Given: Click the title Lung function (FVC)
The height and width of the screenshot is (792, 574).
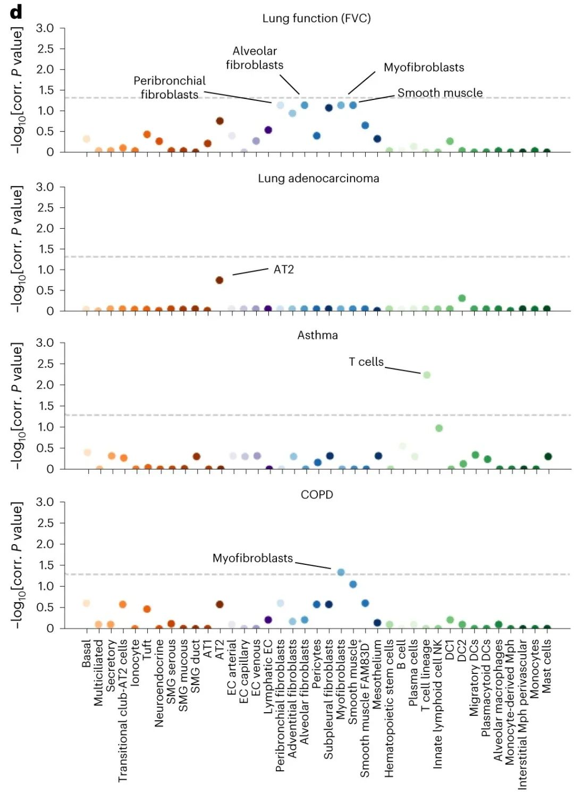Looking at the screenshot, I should pyautogui.click(x=316, y=19).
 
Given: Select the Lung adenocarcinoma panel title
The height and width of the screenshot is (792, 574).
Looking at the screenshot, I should pyautogui.click(x=318, y=178).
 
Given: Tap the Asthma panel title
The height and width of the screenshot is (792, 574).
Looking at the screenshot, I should pyautogui.click(x=317, y=335).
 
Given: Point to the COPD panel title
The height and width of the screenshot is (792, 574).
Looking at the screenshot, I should pyautogui.click(x=317, y=495).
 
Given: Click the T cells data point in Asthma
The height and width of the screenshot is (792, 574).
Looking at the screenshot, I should pyautogui.click(x=426, y=375).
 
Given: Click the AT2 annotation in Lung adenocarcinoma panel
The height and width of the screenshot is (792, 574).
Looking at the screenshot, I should pyautogui.click(x=283, y=270).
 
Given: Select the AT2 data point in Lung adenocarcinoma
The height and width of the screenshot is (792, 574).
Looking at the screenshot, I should pyautogui.click(x=220, y=280).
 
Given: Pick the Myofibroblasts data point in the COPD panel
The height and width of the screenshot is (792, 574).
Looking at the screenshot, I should pyautogui.click(x=341, y=572).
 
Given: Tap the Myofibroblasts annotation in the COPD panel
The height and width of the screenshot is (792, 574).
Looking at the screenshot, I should pyautogui.click(x=252, y=558).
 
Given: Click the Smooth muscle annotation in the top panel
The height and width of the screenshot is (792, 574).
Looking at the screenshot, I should pyautogui.click(x=440, y=93).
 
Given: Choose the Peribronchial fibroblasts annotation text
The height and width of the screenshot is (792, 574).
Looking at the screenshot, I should pyautogui.click(x=170, y=88).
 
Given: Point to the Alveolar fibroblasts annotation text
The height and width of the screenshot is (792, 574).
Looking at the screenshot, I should pyautogui.click(x=255, y=58).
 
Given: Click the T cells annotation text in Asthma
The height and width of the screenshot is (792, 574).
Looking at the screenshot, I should pyautogui.click(x=366, y=362).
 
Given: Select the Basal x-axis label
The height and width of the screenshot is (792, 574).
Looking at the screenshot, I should pyautogui.click(x=87, y=654).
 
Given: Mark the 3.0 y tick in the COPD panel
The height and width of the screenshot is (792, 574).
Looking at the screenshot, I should pyautogui.click(x=45, y=502).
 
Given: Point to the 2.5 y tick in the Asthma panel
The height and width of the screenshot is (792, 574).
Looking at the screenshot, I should pyautogui.click(x=45, y=364).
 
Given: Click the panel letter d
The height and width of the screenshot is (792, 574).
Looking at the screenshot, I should pyautogui.click(x=16, y=12).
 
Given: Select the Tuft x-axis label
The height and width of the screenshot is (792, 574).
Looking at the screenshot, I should pyautogui.click(x=147, y=648).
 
